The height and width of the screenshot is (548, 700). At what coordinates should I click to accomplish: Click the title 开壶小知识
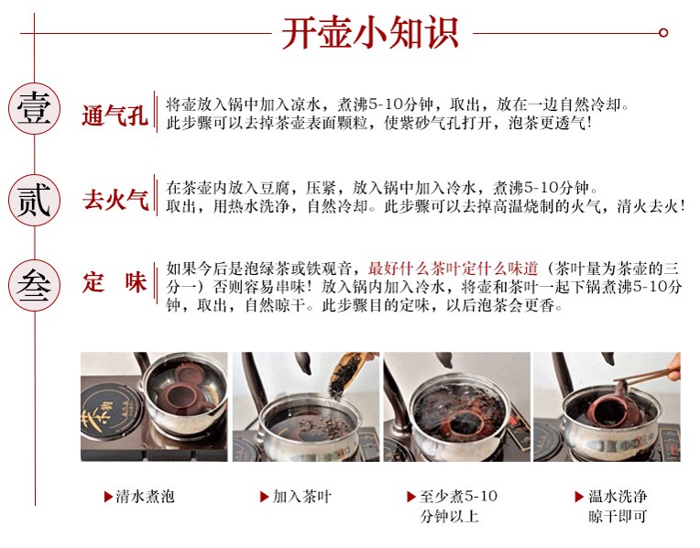370,33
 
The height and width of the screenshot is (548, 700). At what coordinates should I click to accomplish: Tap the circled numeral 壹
35,108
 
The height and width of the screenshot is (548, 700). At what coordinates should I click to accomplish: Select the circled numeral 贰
35,200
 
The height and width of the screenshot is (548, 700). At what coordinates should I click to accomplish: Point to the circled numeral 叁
35,286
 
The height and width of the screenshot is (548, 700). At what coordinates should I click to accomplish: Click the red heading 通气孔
115,115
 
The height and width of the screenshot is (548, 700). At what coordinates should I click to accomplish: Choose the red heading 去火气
115,199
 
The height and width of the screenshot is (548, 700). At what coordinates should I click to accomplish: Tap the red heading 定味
115,282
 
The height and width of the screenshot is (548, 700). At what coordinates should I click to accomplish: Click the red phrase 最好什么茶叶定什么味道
453,269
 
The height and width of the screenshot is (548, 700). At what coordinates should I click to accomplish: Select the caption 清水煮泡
145,496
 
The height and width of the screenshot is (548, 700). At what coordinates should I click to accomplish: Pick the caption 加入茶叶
301,496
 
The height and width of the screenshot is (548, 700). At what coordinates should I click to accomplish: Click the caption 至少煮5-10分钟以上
458,506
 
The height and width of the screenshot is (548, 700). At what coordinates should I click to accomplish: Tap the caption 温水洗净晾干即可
618,506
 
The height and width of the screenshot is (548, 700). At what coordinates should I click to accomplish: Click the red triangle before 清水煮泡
107,497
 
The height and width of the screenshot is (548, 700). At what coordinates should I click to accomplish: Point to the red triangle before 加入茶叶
264,497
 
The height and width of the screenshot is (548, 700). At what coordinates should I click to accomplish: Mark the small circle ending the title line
663,33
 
